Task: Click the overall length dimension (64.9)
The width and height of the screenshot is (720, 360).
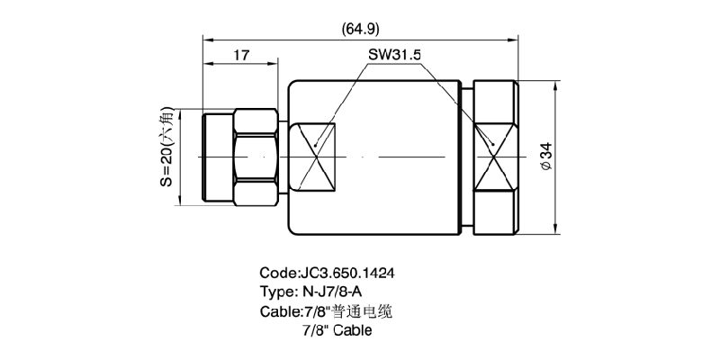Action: point(360,28)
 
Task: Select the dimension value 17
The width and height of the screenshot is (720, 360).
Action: point(241,56)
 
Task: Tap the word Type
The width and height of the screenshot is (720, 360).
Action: point(277,292)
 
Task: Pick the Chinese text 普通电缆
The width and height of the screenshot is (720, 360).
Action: point(364,311)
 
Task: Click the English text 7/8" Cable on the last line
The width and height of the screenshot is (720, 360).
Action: point(337,331)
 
